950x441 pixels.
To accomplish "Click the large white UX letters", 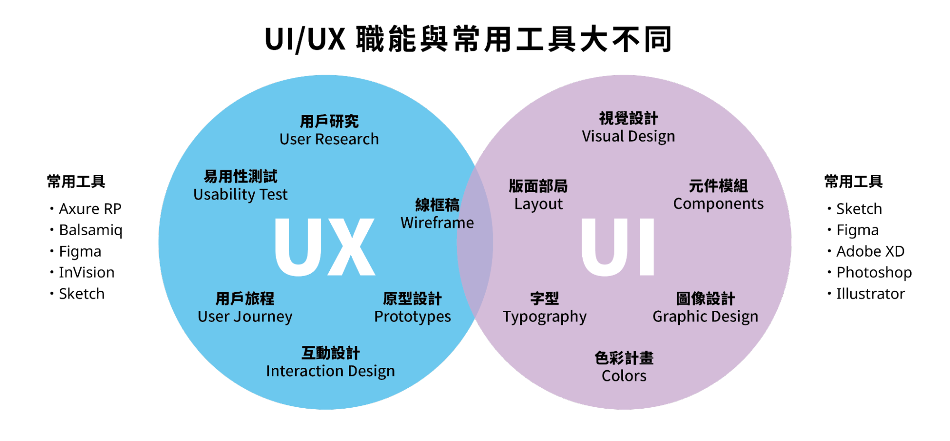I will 325,247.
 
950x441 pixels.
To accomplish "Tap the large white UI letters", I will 618,247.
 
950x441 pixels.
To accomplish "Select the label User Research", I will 329,139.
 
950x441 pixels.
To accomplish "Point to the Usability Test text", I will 240,194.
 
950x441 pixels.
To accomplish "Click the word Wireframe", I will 437,223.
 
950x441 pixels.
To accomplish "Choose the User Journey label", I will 245,316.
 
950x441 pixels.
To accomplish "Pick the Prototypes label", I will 413,316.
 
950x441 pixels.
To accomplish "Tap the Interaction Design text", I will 330,371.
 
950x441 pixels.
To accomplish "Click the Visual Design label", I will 628,136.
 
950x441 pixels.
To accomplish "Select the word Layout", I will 538,204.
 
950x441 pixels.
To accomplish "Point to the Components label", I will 718,204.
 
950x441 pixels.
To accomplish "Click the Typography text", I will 545,317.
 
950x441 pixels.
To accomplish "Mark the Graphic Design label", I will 705,317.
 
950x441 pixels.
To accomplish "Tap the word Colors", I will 624,376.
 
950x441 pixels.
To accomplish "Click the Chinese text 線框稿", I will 437,205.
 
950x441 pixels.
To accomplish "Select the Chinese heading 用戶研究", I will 329,122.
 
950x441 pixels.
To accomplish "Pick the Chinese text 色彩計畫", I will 624,358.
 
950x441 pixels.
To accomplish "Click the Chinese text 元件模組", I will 718,186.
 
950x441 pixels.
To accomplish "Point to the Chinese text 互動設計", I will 330,353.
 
